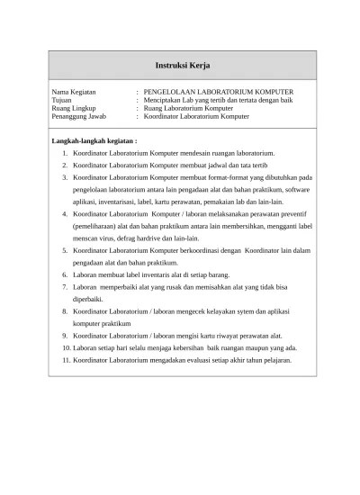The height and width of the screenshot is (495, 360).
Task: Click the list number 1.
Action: tap(66, 155)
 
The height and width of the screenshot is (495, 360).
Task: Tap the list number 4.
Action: tap(66, 215)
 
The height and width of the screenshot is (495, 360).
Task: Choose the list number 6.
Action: tap(66, 274)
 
